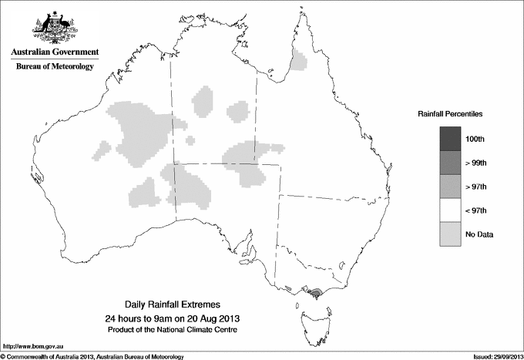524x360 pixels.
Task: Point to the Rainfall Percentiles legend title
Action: [451, 114]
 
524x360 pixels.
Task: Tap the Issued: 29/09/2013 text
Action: [492, 356]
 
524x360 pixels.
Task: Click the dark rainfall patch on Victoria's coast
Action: [316, 293]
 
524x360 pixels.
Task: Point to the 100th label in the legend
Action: [475, 139]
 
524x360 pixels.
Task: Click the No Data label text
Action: [479, 234]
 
